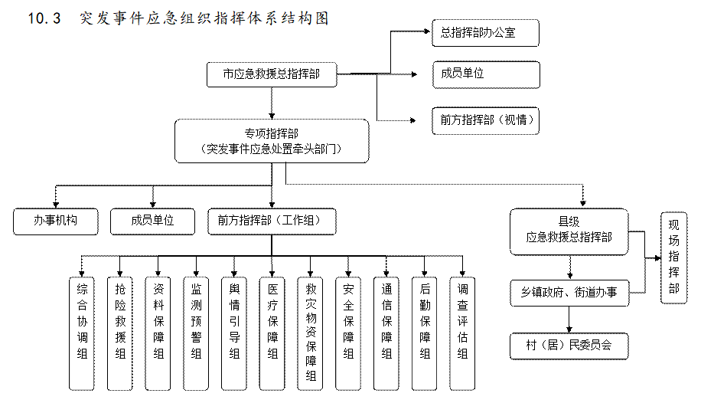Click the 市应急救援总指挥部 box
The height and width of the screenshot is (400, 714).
pyautogui.click(x=271, y=74)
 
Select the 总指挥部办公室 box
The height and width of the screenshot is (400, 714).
pyautogui.click(x=486, y=33)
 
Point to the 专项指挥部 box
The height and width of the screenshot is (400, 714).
pyautogui.click(x=271, y=141)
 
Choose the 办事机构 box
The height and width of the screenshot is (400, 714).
pyautogui.click(x=56, y=221)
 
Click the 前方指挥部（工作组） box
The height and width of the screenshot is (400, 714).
pyautogui.click(x=271, y=221)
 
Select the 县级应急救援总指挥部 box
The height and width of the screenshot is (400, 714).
pyautogui.click(x=569, y=231)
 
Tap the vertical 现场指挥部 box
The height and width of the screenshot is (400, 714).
pyautogui.click(x=673, y=257)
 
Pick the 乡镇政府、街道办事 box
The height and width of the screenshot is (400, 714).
pyautogui.click(x=569, y=293)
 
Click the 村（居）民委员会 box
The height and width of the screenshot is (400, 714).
pyautogui.click(x=569, y=345)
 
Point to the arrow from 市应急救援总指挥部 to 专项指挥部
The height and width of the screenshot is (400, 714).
pyautogui.click(x=271, y=102)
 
